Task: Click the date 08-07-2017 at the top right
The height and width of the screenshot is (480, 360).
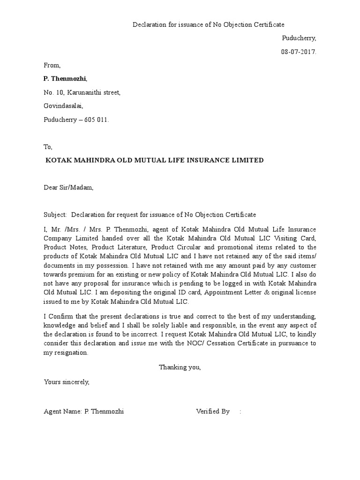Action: (x=299, y=52)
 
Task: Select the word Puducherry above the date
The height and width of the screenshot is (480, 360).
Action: (x=299, y=38)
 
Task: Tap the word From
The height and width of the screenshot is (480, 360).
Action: (x=52, y=65)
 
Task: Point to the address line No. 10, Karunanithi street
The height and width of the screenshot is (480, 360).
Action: (x=82, y=92)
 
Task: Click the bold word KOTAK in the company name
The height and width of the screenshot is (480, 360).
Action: (x=57, y=160)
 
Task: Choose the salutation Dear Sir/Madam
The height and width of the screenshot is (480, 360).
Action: (x=68, y=187)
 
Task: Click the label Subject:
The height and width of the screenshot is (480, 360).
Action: (x=55, y=215)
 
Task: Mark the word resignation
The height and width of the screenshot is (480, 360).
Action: (x=70, y=352)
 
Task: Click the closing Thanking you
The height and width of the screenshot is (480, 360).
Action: (x=180, y=367)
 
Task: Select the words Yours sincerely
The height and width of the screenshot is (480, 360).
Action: (x=66, y=382)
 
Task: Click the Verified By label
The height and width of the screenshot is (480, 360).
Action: (x=212, y=411)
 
